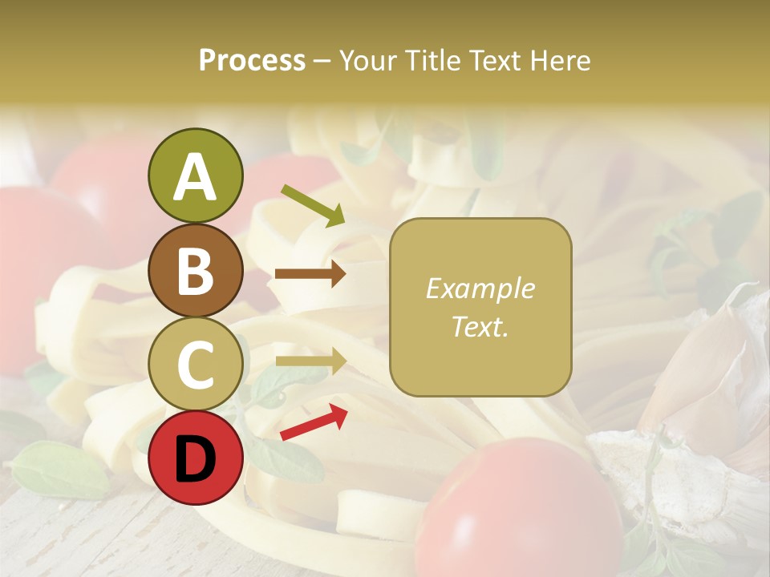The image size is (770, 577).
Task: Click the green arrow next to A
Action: pyautogui.click(x=313, y=205)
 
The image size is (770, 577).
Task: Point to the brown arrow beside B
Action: pyautogui.click(x=310, y=274)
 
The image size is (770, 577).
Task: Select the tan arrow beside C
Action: pyautogui.click(x=310, y=361)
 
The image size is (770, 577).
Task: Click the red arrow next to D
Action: pyautogui.click(x=314, y=422)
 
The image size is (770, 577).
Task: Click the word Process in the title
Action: pyautogui.click(x=252, y=61)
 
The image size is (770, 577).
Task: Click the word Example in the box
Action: pyautogui.click(x=480, y=288)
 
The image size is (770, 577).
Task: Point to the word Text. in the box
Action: pyautogui.click(x=480, y=326)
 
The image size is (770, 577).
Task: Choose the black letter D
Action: pyautogui.click(x=196, y=459)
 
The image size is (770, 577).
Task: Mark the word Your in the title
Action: pyautogui.click(x=365, y=61)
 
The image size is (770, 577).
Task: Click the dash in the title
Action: pyautogui.click(x=322, y=62)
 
